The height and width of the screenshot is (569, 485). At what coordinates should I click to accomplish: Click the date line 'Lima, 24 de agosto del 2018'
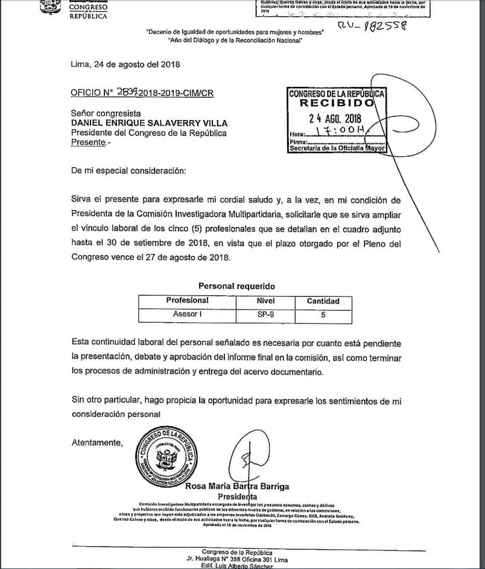pyautogui.click(x=125, y=64)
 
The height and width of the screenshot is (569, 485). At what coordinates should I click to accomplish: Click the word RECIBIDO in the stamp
pyautogui.click(x=337, y=104)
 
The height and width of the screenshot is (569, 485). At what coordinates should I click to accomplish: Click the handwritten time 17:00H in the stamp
pyautogui.click(x=340, y=131)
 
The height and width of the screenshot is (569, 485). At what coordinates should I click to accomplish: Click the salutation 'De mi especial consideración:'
pyautogui.click(x=128, y=171)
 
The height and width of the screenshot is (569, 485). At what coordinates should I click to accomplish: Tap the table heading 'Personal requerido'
pyautogui.click(x=236, y=286)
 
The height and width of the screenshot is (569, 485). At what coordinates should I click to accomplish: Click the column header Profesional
pyautogui.click(x=188, y=300)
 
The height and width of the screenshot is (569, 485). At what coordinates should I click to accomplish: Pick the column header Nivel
pyautogui.click(x=266, y=300)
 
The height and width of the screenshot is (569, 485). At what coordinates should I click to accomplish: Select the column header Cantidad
pyautogui.click(x=323, y=300)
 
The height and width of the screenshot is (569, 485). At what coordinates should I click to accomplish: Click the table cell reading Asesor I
pyautogui.click(x=188, y=314)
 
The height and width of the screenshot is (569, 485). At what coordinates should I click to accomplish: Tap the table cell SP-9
pyautogui.click(x=266, y=314)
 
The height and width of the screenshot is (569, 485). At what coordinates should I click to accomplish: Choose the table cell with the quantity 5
pyautogui.click(x=323, y=314)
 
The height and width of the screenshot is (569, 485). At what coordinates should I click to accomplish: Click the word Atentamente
pyautogui.click(x=97, y=442)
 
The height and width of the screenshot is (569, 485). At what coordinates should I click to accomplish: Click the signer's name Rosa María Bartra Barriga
pyautogui.click(x=236, y=486)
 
